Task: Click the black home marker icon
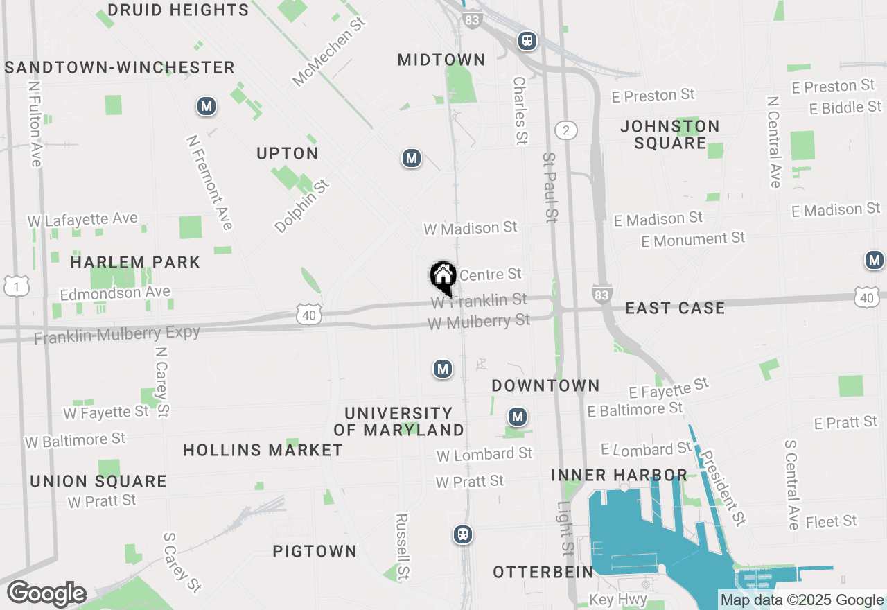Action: (x=443, y=277)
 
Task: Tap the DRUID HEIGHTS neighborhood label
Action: (x=179, y=10)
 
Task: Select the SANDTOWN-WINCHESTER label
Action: (x=120, y=67)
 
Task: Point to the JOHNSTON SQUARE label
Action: (x=670, y=134)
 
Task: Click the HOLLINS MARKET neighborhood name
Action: (x=263, y=451)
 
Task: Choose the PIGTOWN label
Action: (x=315, y=552)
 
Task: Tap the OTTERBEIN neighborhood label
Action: (x=543, y=573)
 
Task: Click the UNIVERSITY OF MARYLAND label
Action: (x=398, y=421)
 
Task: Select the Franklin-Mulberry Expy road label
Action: (x=117, y=335)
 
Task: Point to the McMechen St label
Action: (x=328, y=53)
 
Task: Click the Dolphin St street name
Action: (x=302, y=206)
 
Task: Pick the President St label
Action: (x=722, y=487)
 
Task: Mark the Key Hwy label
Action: (x=618, y=600)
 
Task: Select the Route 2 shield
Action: (x=566, y=130)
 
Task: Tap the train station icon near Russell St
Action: (x=462, y=534)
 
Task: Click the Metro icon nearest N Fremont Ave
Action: (x=206, y=107)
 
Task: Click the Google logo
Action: (x=46, y=594)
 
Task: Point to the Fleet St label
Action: (x=832, y=521)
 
